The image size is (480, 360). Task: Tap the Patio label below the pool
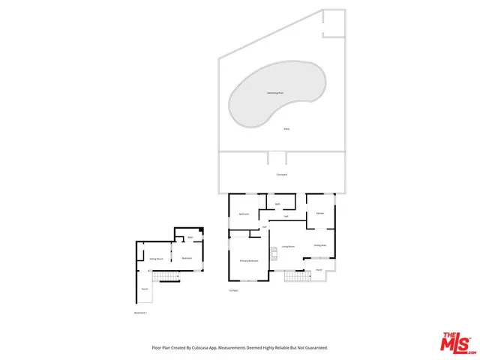(x=286, y=130)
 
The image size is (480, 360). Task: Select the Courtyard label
(x=282, y=175)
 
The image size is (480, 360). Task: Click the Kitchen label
(x=320, y=214)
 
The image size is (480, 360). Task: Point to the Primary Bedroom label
(x=249, y=261)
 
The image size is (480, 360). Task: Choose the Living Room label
(x=287, y=246)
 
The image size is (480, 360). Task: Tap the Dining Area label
(x=319, y=245)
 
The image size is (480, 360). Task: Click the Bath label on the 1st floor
(x=277, y=204)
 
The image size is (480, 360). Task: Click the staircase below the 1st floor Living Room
(x=295, y=277)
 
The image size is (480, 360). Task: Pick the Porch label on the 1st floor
(x=319, y=268)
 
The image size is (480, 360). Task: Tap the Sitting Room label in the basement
(x=157, y=258)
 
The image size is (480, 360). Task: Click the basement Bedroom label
(x=187, y=258)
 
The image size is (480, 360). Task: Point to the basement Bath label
(x=191, y=238)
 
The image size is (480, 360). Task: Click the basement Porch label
(x=144, y=289)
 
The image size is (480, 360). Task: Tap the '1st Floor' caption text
(x=233, y=290)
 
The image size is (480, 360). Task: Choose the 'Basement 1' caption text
(x=140, y=313)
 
